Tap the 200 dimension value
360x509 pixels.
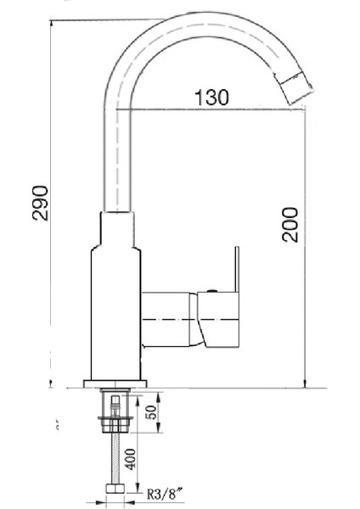click(x=290, y=224)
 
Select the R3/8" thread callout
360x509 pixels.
click(x=167, y=490)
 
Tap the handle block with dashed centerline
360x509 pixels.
click(x=217, y=320)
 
